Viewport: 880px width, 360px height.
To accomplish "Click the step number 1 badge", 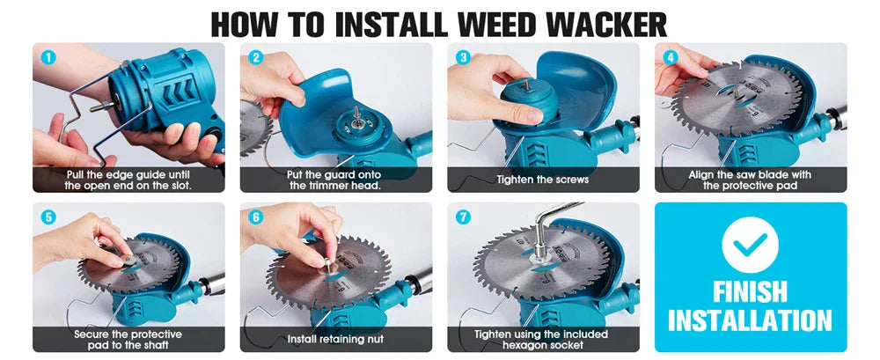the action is pyautogui.click(x=48, y=57).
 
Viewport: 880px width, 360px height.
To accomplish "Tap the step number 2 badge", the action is pyautogui.click(x=256, y=57).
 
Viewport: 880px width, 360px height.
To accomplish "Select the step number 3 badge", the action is pyautogui.click(x=463, y=57).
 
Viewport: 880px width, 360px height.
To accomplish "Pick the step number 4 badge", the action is pyautogui.click(x=670, y=57).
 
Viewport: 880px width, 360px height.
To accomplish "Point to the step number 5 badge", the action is pyautogui.click(x=48, y=217).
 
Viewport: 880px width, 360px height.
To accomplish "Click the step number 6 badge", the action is pyautogui.click(x=256, y=217).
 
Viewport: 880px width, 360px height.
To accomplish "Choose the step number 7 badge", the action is pyautogui.click(x=463, y=217).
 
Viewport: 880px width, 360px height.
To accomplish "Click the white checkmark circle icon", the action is pyautogui.click(x=750, y=245).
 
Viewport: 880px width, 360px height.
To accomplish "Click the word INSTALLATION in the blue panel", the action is pyautogui.click(x=750, y=320).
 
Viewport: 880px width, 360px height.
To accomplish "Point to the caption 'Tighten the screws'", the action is pyautogui.click(x=543, y=180).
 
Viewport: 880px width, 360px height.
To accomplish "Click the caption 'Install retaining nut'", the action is pyautogui.click(x=335, y=339).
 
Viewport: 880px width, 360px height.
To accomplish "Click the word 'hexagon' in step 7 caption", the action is pyautogui.click(x=523, y=345).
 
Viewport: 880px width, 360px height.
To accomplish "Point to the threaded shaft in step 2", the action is pyautogui.click(x=357, y=114).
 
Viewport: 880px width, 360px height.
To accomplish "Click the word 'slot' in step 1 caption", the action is pyautogui.click(x=179, y=186).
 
